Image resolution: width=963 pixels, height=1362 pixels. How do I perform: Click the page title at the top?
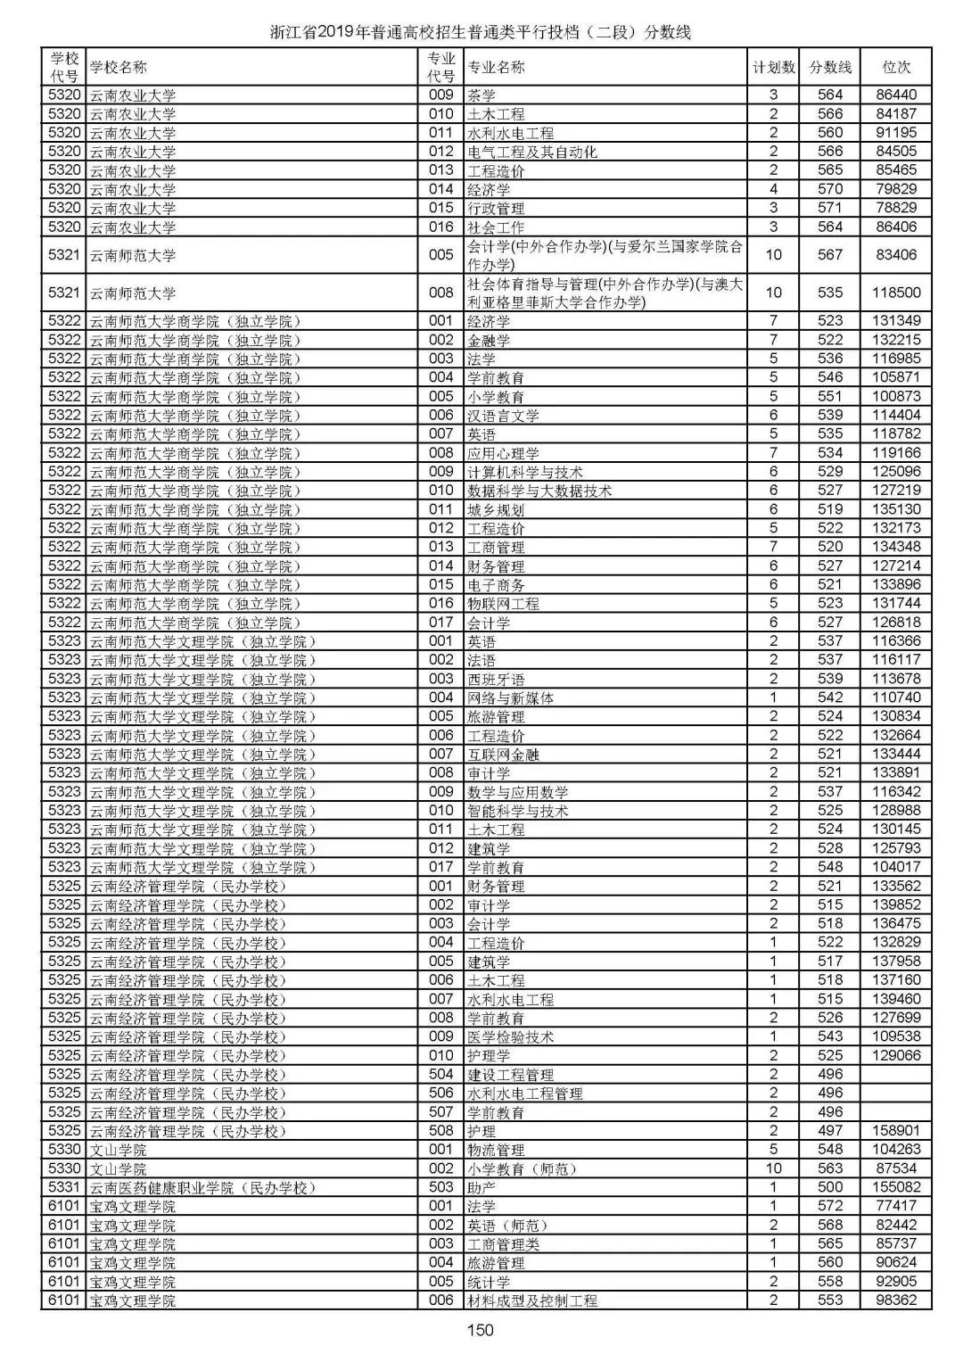coord(481,33)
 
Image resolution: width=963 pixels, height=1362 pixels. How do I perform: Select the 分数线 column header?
coord(829,67)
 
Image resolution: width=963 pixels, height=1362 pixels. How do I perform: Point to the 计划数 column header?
coord(773,67)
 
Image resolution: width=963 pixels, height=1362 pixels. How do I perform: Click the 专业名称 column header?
coord(497,67)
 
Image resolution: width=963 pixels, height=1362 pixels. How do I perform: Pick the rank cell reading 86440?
coord(895,95)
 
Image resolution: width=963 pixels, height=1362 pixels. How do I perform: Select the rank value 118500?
coord(895,293)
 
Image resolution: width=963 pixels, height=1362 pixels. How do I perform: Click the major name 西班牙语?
coord(496,679)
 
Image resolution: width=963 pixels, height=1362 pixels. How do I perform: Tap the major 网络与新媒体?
coord(510,698)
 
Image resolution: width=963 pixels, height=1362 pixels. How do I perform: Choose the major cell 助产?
coord(481,1187)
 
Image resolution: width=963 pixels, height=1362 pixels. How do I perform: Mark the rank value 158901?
coord(895,1131)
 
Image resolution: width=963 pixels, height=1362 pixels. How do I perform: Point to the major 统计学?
coord(489,1282)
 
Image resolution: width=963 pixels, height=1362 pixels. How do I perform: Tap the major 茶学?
coord(481,95)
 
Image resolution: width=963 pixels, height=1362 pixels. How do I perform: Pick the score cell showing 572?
coord(829,1206)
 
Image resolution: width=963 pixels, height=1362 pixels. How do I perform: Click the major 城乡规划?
coord(496,509)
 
